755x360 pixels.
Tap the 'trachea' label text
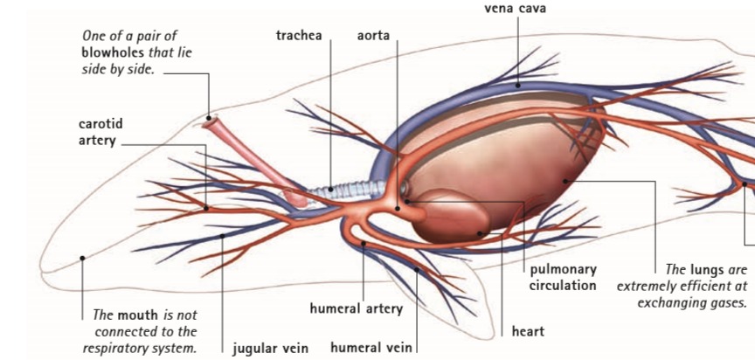pyautogui.click(x=299, y=37)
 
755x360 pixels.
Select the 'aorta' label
pyautogui.click(x=373, y=37)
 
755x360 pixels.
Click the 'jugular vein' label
pyautogui.click(x=270, y=348)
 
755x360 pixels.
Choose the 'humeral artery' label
pyautogui.click(x=356, y=308)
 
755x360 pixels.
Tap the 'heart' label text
pyautogui.click(x=528, y=331)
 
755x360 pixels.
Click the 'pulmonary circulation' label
pyautogui.click(x=563, y=277)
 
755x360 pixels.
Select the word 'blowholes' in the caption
pyautogui.click(x=111, y=52)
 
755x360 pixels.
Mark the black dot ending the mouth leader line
pyautogui.click(x=81, y=258)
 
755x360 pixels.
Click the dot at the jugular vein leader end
pyautogui.click(x=223, y=236)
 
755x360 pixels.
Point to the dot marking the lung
pyautogui.click(x=566, y=181)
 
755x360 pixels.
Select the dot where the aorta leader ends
pyautogui.click(x=397, y=208)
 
